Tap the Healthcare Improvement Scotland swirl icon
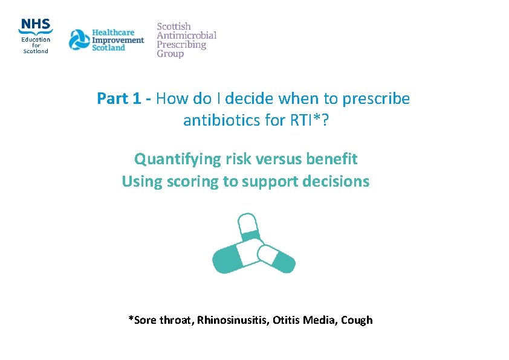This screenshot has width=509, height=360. [x=79, y=40]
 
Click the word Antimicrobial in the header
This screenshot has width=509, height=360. [x=187, y=36]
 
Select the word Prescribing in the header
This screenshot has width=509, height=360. [x=181, y=45]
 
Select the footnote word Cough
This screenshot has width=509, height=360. [x=357, y=320]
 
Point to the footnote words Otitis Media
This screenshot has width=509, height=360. [x=305, y=320]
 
